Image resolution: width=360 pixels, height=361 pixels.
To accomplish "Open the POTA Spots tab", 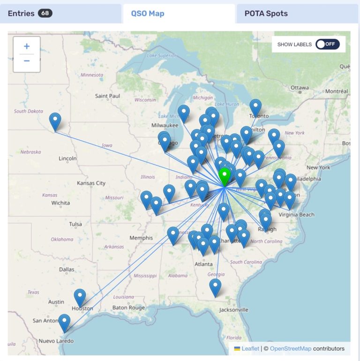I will click(266, 14).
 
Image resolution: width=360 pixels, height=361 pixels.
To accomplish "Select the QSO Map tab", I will click(148, 14).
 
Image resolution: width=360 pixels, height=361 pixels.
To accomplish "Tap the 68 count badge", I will click(45, 13).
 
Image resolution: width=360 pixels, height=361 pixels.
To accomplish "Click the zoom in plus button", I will click(27, 46).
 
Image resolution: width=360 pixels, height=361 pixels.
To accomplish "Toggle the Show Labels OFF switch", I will click(327, 44).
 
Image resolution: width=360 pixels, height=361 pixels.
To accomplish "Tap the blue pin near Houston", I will click(80, 297).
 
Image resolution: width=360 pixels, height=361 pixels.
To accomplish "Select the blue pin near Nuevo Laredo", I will click(64, 322).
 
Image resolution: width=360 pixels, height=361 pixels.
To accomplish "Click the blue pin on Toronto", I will click(255, 107).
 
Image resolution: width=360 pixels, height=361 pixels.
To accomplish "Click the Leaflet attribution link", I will click(250, 348).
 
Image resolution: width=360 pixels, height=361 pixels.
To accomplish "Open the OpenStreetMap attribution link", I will click(291, 348).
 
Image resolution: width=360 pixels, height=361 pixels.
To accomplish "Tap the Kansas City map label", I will click(91, 183).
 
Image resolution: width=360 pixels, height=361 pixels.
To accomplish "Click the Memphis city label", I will click(141, 238).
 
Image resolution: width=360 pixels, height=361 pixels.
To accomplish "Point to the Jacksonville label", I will click(233, 310).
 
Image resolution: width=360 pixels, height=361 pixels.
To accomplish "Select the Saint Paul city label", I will click(108, 96).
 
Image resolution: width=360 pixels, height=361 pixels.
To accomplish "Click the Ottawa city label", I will click(300, 88).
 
